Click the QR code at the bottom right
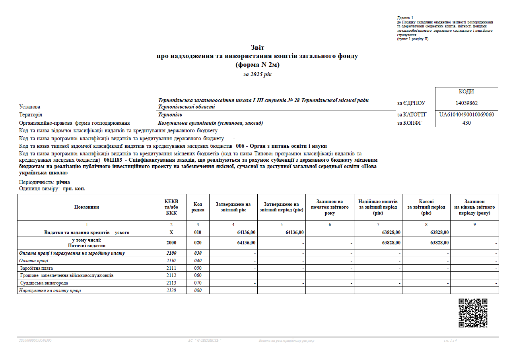click(473, 313)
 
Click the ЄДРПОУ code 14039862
click(466, 103)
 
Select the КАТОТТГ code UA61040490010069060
click(466, 115)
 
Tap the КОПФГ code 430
click(466, 123)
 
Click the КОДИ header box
click(466, 92)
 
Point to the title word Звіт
click(257, 48)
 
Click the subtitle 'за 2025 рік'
click(257, 74)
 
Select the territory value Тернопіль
click(170, 115)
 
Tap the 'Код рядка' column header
click(198, 207)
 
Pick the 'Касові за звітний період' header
click(426, 207)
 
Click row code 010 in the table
click(198, 232)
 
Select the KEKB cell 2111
click(171, 268)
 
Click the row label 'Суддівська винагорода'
click(44, 283)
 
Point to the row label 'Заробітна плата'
click(36, 268)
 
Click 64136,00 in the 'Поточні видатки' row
click(246, 243)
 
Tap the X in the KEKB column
click(171, 232)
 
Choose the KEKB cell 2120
click(171, 290)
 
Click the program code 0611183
click(113, 159)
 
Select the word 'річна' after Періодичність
click(63, 182)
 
